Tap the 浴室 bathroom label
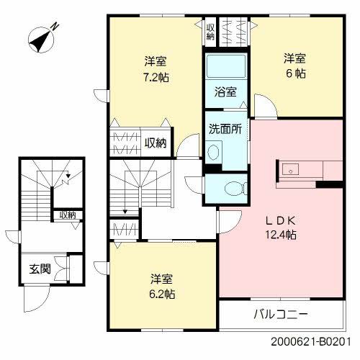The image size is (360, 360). point(224,92)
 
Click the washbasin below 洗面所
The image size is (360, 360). point(214,152)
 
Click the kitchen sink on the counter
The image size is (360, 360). point(290,170)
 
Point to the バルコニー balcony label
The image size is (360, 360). point(281,315)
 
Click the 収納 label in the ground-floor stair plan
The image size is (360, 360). point(67,215)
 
